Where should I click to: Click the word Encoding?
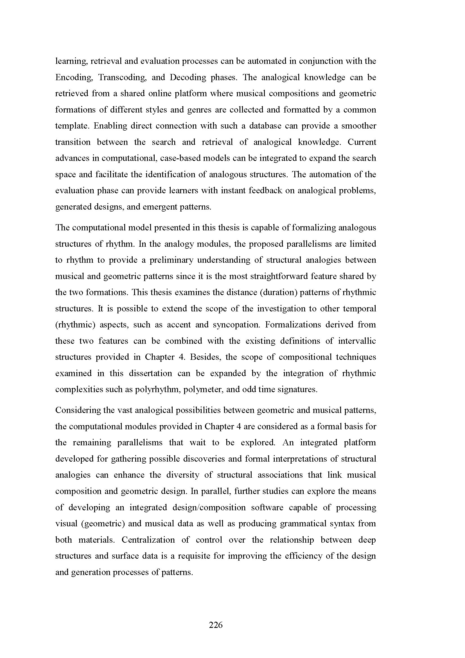tap(74, 78)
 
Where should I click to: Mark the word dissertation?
tap(150, 373)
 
